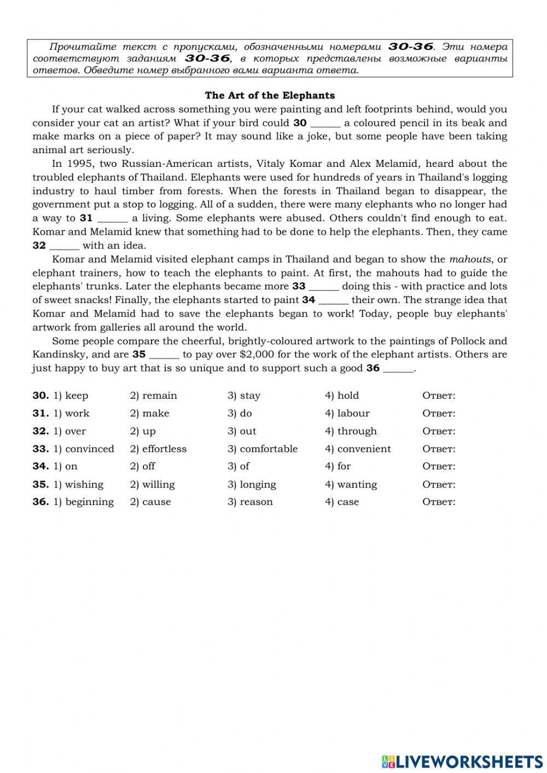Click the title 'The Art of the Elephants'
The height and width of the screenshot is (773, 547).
point(270,96)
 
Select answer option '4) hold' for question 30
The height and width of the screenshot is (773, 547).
point(342,396)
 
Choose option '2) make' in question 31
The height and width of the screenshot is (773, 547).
point(149,414)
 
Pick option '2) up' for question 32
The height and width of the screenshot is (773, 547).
point(143,431)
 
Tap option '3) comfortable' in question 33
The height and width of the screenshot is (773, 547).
point(263,449)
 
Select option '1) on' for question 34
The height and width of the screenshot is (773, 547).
point(65,467)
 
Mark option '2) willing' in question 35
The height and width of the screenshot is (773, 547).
point(152,485)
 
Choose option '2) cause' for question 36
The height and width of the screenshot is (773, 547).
point(150,502)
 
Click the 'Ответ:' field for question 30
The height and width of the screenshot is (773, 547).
point(439,396)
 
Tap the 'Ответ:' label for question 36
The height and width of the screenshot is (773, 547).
point(439,502)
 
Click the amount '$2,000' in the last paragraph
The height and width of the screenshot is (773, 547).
point(257,354)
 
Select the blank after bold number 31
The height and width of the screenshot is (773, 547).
point(112,218)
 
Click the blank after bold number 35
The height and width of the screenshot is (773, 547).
point(164,354)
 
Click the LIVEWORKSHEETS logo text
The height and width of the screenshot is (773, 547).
point(469,762)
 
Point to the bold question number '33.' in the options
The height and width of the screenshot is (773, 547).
point(40,449)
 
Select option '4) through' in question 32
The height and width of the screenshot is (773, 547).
point(351,431)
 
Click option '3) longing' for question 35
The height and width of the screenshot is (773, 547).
point(252,485)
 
